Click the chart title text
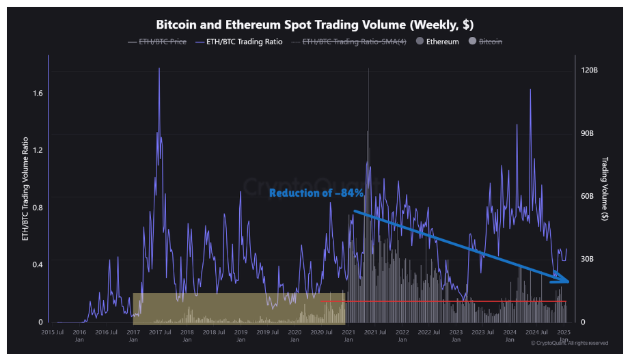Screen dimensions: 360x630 click(315, 25)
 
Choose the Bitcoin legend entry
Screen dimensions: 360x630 click(490, 42)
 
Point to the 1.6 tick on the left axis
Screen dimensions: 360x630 click(38, 93)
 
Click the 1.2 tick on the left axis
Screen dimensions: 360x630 click(38, 150)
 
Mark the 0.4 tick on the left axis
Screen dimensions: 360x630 click(38, 265)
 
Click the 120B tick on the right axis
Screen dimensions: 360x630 click(590, 71)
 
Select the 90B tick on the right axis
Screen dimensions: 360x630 click(588, 134)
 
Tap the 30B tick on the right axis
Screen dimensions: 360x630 click(588, 260)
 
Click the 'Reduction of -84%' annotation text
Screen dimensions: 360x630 click(316, 193)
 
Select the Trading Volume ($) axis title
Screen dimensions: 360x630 click(605, 189)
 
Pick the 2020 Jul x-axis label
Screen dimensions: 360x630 click(321, 332)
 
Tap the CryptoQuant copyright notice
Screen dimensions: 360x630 click(569, 343)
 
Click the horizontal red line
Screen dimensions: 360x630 click(444, 301)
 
